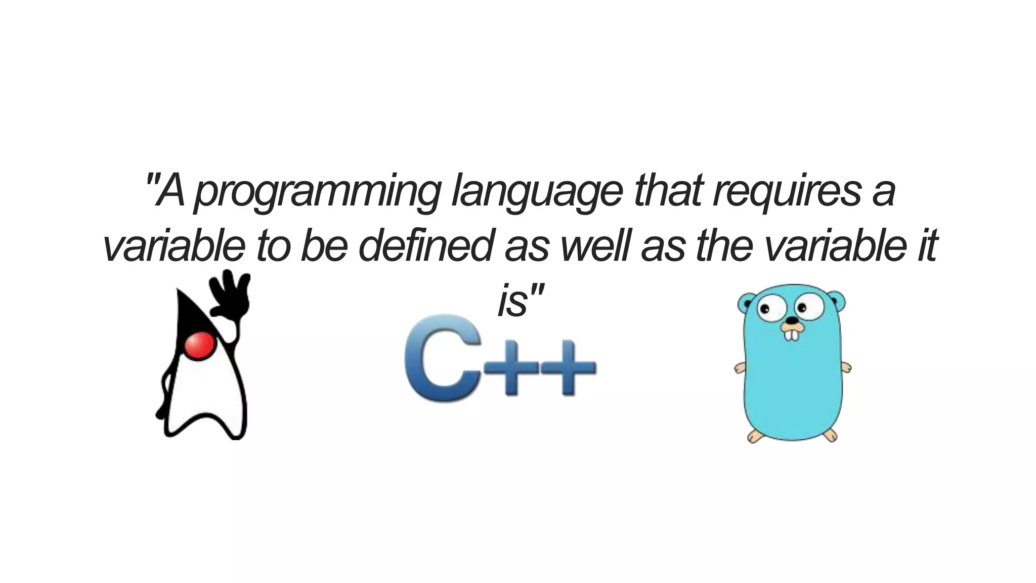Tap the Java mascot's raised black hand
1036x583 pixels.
pyautogui.click(x=231, y=294)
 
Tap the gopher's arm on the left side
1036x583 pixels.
pyautogui.click(x=740, y=367)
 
